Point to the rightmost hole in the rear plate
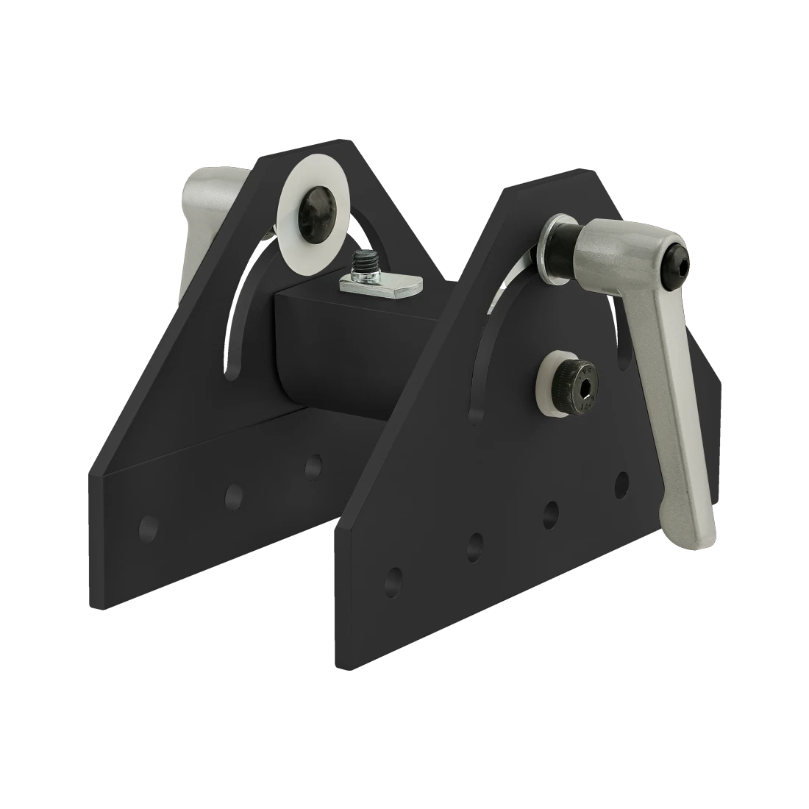[x=313, y=465]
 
